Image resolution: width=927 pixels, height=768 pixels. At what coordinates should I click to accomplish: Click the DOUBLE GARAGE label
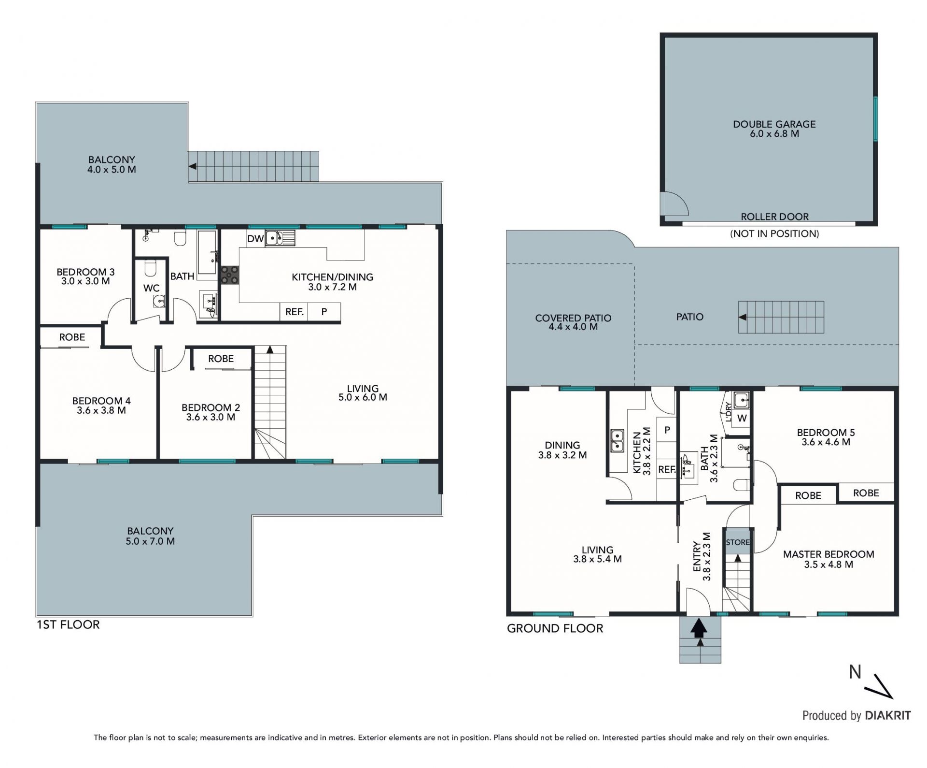pyautogui.click(x=774, y=124)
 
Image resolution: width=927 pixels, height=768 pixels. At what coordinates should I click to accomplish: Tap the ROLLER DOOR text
pyautogui.click(x=774, y=217)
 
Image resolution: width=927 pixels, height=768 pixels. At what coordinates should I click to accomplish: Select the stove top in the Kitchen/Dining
pyautogui.click(x=229, y=275)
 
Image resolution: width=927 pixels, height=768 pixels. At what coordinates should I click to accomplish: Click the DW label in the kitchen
pyautogui.click(x=255, y=239)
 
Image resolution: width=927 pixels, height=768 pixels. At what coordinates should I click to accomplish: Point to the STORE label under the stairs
pyautogui.click(x=738, y=542)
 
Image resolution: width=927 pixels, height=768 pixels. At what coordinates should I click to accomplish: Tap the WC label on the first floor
pyautogui.click(x=151, y=288)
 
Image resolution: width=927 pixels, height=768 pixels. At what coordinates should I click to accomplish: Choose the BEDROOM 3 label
pyautogui.click(x=85, y=272)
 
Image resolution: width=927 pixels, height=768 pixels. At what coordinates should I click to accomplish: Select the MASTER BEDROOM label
pyautogui.click(x=829, y=554)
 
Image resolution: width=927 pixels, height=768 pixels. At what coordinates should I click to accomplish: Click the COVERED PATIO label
pyautogui.click(x=573, y=318)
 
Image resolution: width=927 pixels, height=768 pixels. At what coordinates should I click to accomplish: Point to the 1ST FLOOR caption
pyautogui.click(x=68, y=624)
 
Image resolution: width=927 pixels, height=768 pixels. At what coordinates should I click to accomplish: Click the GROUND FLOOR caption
pyautogui.click(x=555, y=628)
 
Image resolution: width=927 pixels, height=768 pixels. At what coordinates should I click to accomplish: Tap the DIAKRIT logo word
pyautogui.click(x=887, y=715)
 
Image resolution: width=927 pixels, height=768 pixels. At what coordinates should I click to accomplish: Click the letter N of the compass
pyautogui.click(x=855, y=672)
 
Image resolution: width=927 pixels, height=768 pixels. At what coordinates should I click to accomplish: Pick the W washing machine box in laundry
pyautogui.click(x=742, y=418)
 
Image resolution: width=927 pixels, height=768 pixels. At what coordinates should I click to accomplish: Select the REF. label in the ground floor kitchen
pyautogui.click(x=667, y=469)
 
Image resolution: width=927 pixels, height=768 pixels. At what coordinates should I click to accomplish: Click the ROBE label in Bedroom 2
pyautogui.click(x=221, y=359)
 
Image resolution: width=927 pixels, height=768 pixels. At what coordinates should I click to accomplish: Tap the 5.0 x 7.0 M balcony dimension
pyautogui.click(x=150, y=541)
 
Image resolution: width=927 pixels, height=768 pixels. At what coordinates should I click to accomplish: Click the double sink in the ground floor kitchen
pyautogui.click(x=616, y=440)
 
